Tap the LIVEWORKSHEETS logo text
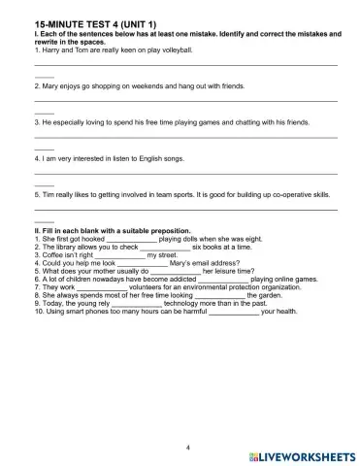(x=309, y=454)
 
